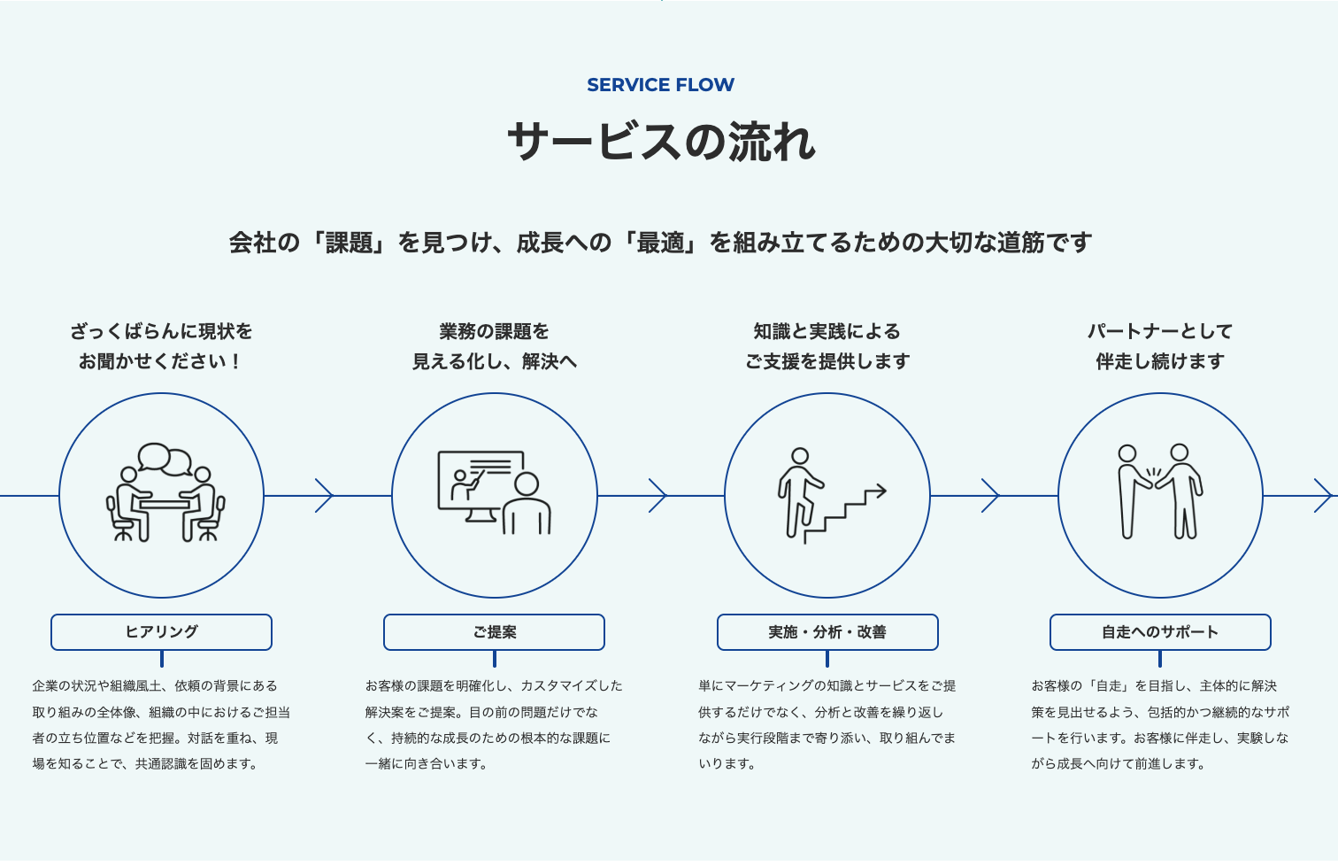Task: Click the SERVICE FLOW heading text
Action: (660, 85)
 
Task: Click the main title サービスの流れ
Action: (661, 142)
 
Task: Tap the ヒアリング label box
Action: (161, 631)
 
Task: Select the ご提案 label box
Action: (494, 631)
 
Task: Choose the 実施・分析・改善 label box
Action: (827, 631)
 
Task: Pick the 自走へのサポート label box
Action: (1160, 631)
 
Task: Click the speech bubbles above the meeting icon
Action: (165, 459)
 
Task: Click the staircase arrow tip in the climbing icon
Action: (884, 491)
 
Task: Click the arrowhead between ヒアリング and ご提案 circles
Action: (325, 496)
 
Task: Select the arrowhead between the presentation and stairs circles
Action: (657, 496)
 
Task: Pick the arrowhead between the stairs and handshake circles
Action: (990, 496)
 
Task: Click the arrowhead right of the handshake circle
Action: (1323, 496)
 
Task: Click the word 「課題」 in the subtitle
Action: (349, 243)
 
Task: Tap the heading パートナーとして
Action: (1160, 331)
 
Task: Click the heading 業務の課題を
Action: (494, 331)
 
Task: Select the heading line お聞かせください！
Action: (160, 361)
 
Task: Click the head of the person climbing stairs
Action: (800, 456)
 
